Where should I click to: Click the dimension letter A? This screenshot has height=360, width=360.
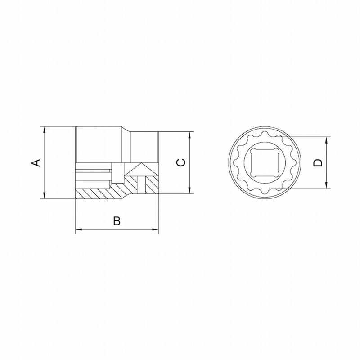point(36,163)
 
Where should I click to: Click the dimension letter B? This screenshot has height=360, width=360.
point(117,221)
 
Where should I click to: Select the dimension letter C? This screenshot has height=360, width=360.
point(181,162)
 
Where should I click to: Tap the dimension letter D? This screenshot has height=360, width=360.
point(318,163)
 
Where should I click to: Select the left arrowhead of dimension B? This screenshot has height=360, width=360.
point(79,229)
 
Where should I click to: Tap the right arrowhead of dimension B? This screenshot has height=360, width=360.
point(155,229)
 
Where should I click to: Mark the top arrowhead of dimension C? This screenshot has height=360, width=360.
point(189,135)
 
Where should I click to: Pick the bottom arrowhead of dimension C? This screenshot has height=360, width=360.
point(189,190)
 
